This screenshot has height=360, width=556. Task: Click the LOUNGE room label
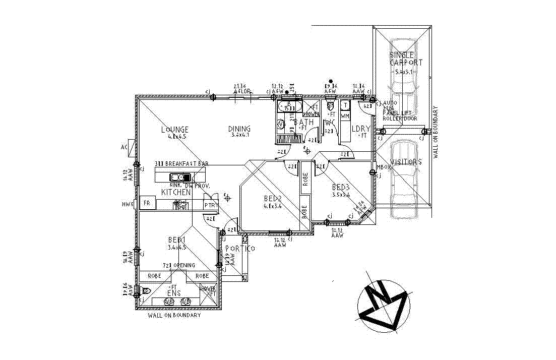(x=175, y=130)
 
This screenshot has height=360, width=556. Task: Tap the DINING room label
(x=239, y=129)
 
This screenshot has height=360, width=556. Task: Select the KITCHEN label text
(x=176, y=193)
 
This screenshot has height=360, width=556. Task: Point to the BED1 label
(x=177, y=240)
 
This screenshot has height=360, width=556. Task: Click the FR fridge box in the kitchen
(x=147, y=204)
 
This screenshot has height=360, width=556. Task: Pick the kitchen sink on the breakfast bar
(x=180, y=177)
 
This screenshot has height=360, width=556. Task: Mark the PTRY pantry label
(x=210, y=206)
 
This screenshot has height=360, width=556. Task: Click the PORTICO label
(x=240, y=249)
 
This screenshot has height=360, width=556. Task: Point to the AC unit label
(x=124, y=147)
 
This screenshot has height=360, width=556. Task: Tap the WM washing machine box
(x=345, y=116)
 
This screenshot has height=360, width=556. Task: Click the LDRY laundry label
(x=361, y=129)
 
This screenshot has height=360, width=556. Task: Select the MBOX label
(x=385, y=167)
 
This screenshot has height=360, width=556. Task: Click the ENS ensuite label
(x=174, y=293)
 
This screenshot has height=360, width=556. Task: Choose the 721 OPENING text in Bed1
(x=178, y=265)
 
